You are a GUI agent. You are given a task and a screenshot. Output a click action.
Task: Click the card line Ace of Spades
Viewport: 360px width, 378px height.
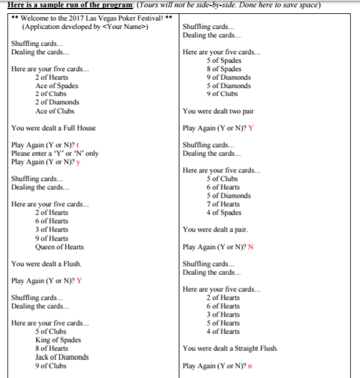click(57, 86)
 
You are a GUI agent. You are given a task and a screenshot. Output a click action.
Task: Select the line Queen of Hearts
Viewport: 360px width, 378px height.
click(59, 247)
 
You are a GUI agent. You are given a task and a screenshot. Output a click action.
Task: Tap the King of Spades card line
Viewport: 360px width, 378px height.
click(58, 340)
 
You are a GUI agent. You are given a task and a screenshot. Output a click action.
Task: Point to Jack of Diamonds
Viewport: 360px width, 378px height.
click(62, 357)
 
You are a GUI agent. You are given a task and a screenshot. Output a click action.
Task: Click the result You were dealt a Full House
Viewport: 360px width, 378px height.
click(53, 128)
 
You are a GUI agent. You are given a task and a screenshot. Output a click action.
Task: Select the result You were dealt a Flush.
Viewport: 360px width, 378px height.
click(46, 263)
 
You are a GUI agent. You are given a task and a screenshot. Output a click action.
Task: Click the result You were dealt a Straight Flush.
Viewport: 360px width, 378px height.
click(230, 348)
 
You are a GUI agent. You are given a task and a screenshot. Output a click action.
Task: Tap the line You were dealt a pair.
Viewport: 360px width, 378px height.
click(215, 229)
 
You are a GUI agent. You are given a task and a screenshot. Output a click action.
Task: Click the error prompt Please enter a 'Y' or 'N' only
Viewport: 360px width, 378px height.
click(55, 153)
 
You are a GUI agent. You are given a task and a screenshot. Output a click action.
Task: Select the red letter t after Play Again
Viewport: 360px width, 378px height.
click(78, 145)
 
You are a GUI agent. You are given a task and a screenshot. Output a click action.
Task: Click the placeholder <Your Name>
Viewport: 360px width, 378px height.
click(124, 27)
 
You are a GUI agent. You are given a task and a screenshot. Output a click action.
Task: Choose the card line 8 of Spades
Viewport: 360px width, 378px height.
click(224, 69)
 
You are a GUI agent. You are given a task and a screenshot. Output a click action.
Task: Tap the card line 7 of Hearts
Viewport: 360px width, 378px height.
click(223, 204)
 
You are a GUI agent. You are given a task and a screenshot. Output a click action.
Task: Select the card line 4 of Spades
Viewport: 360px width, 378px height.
click(224, 212)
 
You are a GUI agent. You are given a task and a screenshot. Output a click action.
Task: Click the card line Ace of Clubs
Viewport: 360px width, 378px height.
click(55, 111)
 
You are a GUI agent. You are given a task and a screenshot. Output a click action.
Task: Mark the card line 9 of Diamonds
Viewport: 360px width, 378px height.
click(228, 77)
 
